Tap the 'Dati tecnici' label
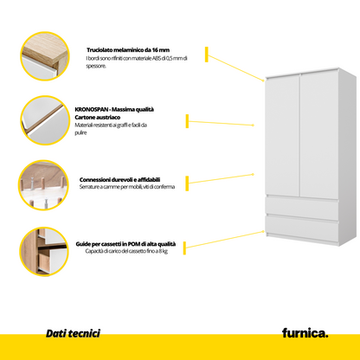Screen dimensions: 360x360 [x=74, y=332]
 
